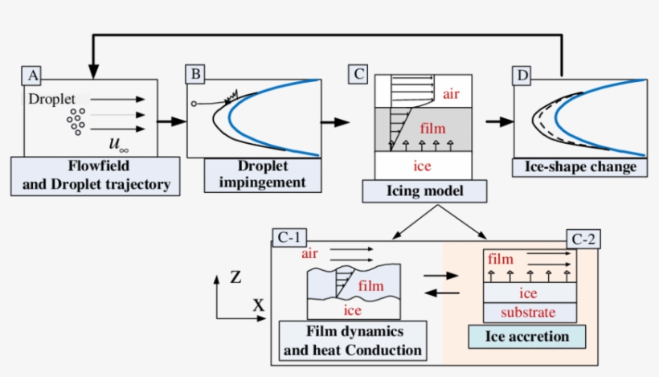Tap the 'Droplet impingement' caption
point(263,174)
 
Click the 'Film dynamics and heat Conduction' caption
point(354,341)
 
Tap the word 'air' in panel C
point(452,94)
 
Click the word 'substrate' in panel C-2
point(527,311)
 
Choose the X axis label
point(259,306)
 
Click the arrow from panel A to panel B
point(170,122)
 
